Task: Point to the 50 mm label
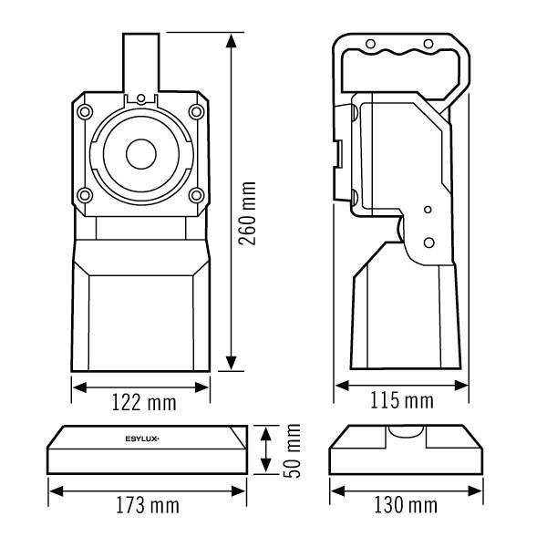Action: (294, 449)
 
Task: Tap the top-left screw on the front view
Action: (84, 111)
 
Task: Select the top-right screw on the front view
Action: (196, 111)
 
